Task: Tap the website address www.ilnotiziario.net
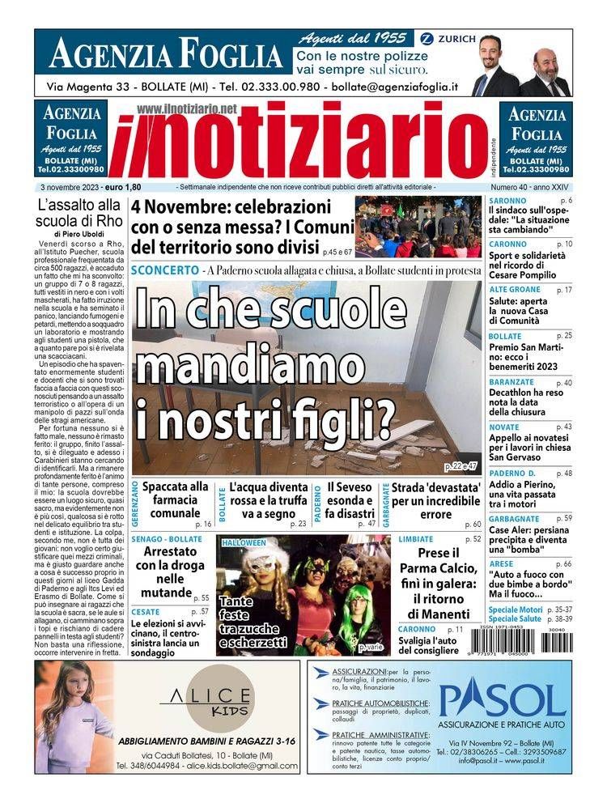[187, 108]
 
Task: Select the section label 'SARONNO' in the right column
[507, 200]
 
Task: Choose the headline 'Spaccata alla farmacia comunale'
[175, 499]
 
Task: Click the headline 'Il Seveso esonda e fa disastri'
[350, 499]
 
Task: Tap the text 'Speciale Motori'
[515, 609]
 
